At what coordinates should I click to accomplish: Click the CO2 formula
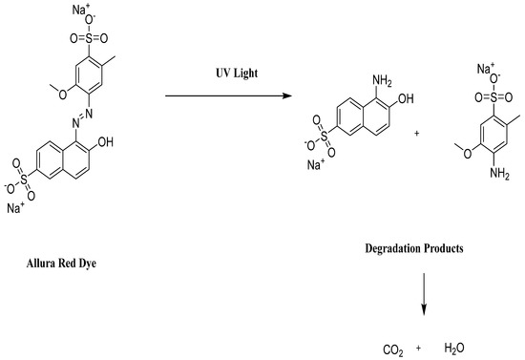click(x=393, y=350)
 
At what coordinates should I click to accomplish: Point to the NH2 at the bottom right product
click(x=494, y=173)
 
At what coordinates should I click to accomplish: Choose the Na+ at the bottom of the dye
click(x=15, y=207)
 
